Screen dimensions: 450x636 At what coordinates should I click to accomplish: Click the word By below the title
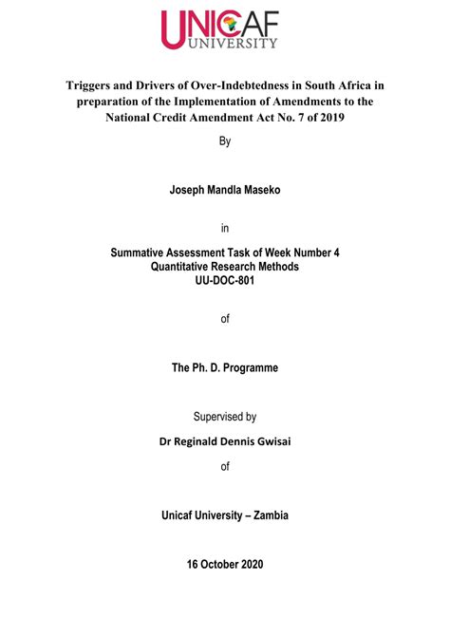pyautogui.click(x=225, y=141)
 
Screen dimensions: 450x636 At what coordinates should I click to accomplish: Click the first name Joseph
pyautogui.click(x=190, y=190)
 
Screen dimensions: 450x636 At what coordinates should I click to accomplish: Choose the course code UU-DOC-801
pyautogui.click(x=225, y=281)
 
